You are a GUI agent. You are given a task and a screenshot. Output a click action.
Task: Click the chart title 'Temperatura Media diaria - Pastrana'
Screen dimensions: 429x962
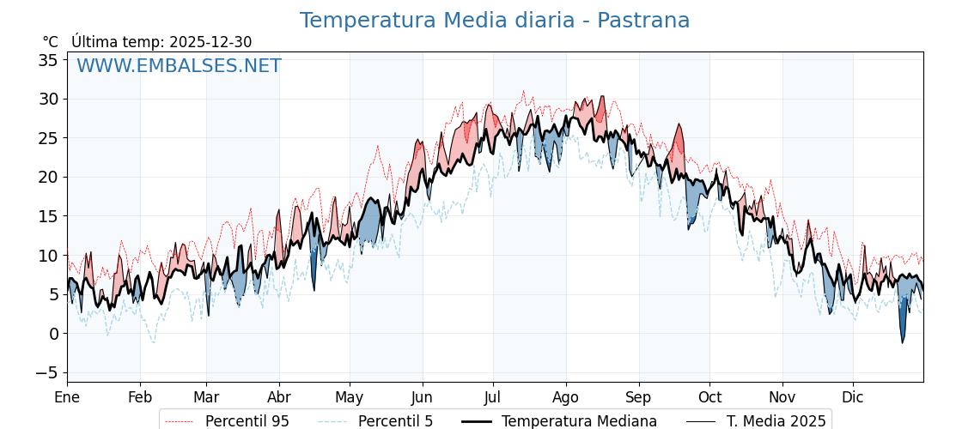(x=494, y=21)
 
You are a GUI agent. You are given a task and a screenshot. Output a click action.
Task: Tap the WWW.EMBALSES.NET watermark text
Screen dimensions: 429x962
(x=179, y=66)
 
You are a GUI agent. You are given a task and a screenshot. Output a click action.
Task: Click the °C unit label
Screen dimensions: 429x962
(x=51, y=42)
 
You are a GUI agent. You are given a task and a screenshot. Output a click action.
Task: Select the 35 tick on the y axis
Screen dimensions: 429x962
(x=48, y=60)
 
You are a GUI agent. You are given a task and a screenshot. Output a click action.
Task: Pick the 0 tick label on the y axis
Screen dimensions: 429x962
(x=53, y=333)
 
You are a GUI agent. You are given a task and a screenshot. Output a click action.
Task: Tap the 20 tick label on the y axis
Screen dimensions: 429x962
(x=48, y=177)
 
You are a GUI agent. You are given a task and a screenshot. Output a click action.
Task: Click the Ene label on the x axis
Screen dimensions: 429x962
(x=67, y=397)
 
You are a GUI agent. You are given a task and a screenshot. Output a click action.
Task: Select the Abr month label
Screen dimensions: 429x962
(x=279, y=397)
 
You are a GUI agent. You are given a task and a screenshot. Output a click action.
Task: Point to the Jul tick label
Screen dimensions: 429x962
(x=493, y=397)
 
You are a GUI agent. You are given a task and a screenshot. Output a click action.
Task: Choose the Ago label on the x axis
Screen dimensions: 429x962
(x=565, y=397)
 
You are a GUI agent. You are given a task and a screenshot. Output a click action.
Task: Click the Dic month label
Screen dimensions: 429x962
(x=853, y=397)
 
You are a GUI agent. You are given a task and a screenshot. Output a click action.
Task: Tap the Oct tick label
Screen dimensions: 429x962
(x=709, y=397)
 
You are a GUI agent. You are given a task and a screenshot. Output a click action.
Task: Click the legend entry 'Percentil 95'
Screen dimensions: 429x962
(x=247, y=421)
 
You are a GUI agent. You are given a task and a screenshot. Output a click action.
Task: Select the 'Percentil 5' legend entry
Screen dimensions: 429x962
(x=395, y=421)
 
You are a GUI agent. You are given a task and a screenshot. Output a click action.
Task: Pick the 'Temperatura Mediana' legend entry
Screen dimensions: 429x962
(x=579, y=421)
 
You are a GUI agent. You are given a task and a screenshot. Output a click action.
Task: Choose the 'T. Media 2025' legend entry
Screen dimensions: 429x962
(x=776, y=421)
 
